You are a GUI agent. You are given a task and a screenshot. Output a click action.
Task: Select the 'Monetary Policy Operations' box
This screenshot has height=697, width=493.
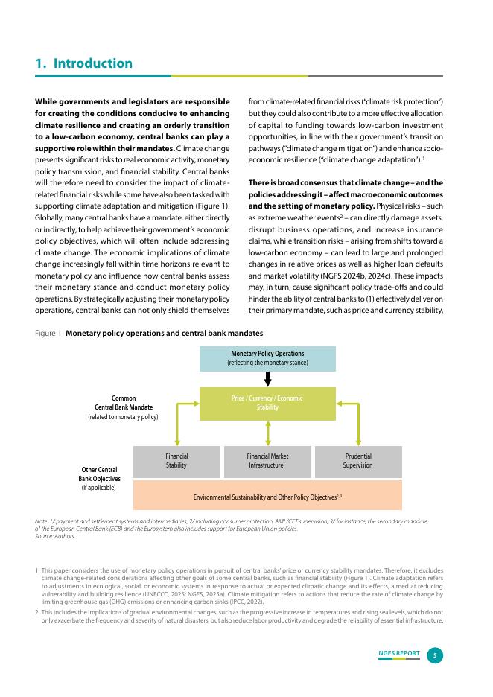click(267, 358)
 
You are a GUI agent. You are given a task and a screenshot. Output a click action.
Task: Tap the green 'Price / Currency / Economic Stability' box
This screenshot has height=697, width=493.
click(267, 403)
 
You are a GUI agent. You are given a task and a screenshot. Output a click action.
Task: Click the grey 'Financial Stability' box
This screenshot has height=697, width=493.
click(176, 461)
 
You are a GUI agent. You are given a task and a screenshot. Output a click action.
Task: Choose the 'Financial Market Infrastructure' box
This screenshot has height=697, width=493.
click(267, 461)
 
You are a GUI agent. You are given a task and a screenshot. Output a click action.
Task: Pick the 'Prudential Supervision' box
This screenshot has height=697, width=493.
click(358, 461)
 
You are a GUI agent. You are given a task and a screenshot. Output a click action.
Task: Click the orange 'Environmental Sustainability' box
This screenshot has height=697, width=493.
click(267, 495)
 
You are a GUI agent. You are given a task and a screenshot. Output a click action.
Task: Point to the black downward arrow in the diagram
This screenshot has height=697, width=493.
click(268, 378)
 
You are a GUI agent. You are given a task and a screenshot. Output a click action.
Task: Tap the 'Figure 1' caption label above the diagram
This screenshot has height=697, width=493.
click(48, 334)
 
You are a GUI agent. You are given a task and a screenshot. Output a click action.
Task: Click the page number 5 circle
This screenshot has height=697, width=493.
click(436, 655)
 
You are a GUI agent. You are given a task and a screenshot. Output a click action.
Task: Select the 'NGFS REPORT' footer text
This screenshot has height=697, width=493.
click(398, 653)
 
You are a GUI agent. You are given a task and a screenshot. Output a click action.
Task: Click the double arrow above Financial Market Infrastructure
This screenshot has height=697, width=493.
click(268, 433)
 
